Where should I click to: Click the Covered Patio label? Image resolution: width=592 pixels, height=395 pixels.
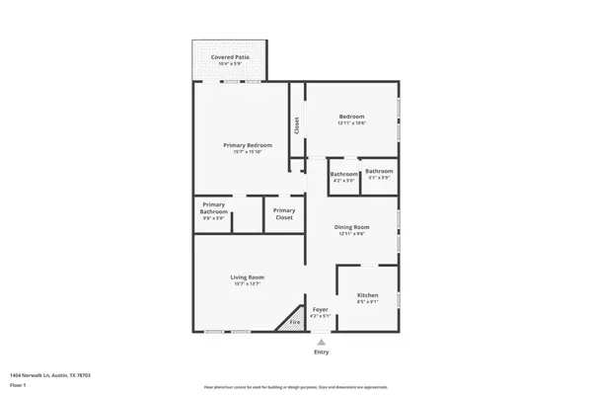click(x=230, y=57)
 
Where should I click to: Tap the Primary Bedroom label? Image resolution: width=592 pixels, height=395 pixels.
click(x=247, y=145)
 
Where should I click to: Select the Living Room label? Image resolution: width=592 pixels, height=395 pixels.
click(x=247, y=277)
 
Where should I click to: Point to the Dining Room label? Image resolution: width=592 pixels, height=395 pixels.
click(x=353, y=227)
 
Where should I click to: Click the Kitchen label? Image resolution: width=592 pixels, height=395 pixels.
click(x=367, y=295)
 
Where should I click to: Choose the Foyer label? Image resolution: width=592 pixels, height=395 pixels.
click(x=320, y=309)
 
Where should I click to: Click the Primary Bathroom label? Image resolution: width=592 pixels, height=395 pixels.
click(x=214, y=208)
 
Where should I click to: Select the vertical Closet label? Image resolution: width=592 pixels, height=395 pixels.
click(x=296, y=125)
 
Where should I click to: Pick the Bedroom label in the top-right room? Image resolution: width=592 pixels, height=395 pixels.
click(x=352, y=116)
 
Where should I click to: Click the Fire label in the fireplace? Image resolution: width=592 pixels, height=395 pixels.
click(x=294, y=323)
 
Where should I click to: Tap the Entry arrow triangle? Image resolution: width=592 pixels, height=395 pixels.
click(x=321, y=341)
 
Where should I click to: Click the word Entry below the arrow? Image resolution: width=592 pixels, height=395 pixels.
click(x=322, y=353)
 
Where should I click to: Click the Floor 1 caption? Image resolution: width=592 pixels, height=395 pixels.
click(x=18, y=383)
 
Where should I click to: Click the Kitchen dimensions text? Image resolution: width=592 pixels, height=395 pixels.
click(x=367, y=302)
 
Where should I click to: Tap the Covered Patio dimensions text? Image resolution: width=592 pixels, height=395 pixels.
click(x=230, y=64)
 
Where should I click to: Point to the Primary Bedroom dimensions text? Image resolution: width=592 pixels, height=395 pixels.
click(x=247, y=152)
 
